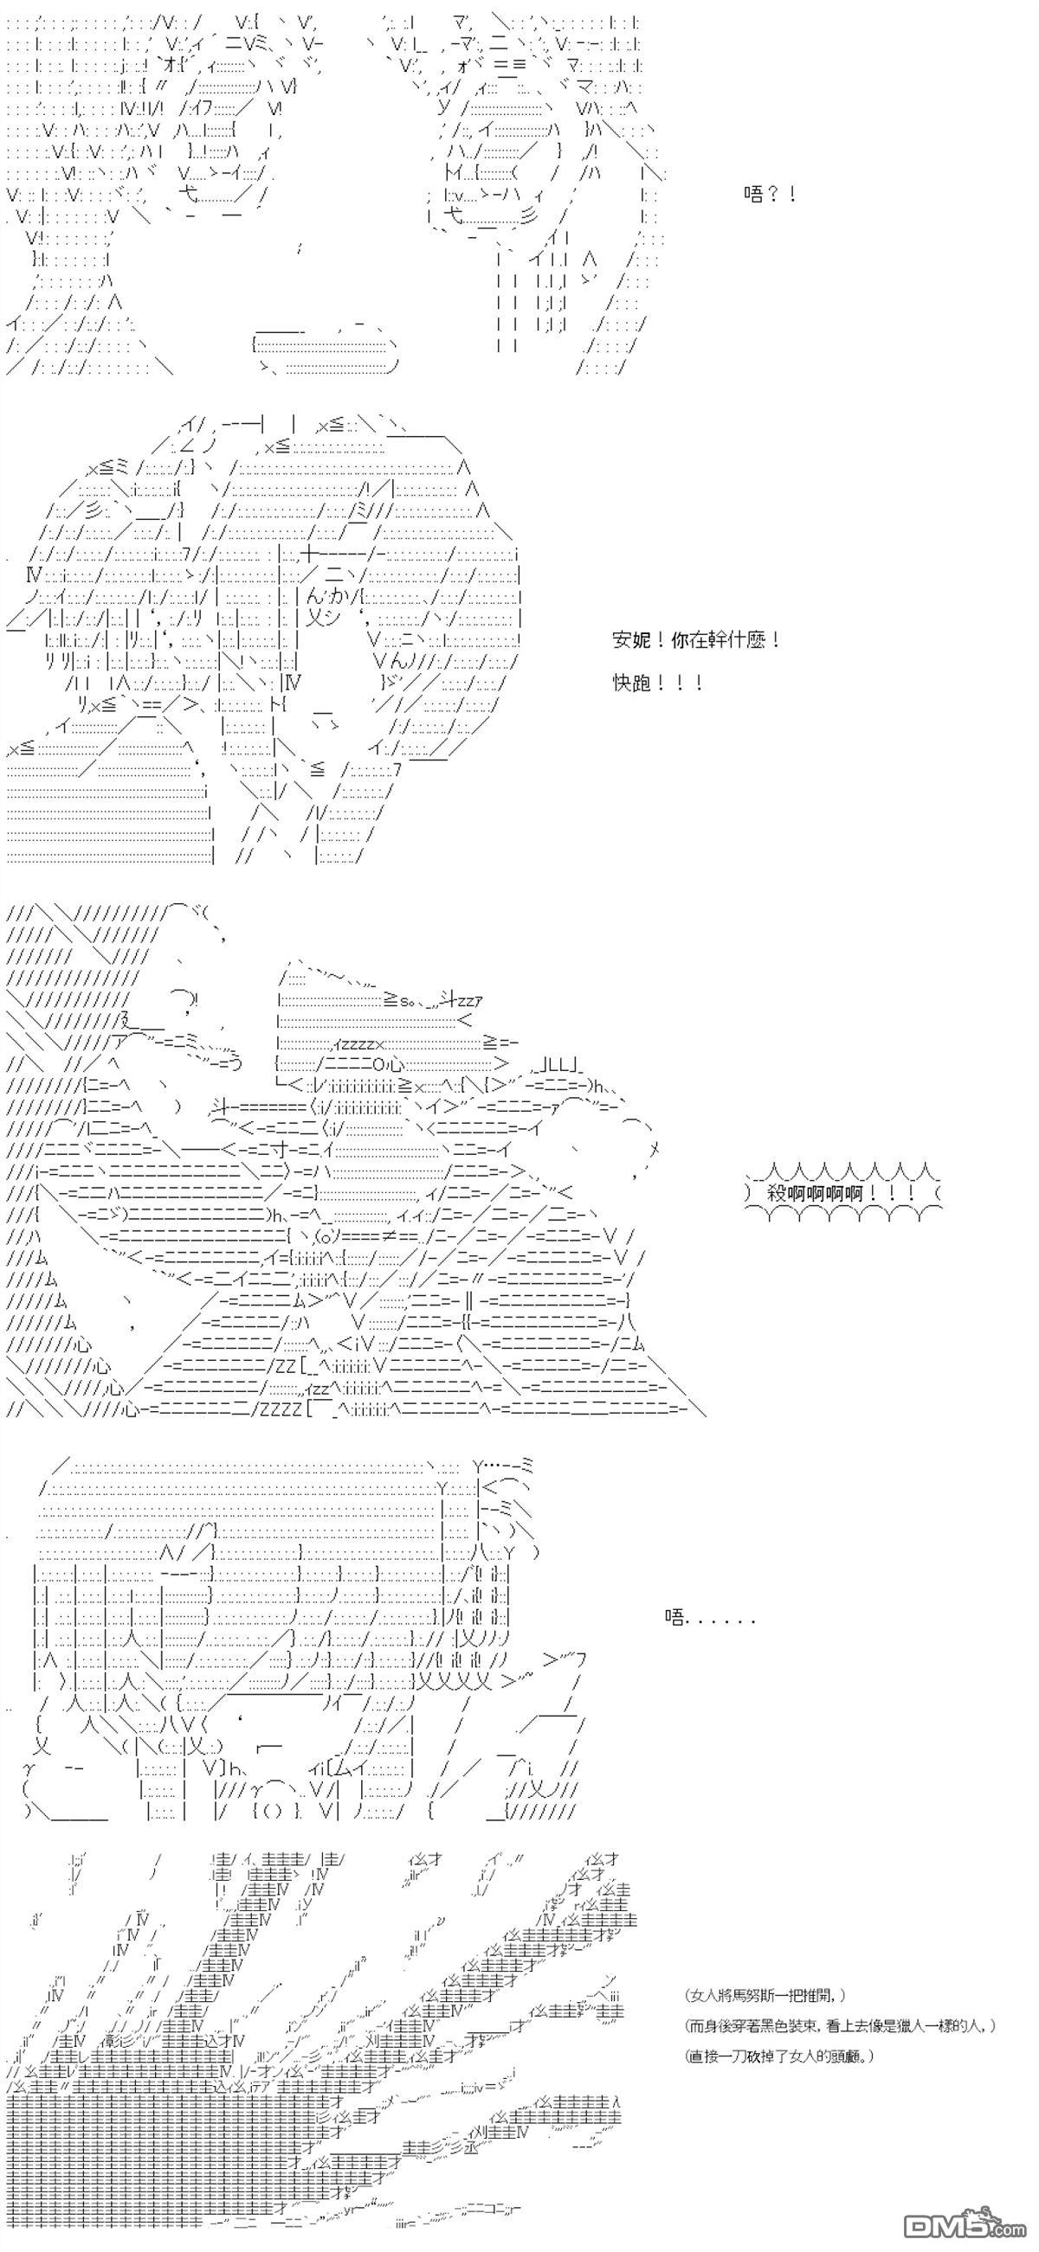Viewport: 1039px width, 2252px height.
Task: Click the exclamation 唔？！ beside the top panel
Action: coord(770,194)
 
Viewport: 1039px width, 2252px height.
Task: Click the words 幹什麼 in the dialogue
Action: coord(739,640)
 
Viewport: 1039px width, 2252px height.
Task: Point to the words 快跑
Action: coord(632,683)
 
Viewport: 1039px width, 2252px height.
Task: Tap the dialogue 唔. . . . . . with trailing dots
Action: coord(709,1617)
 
